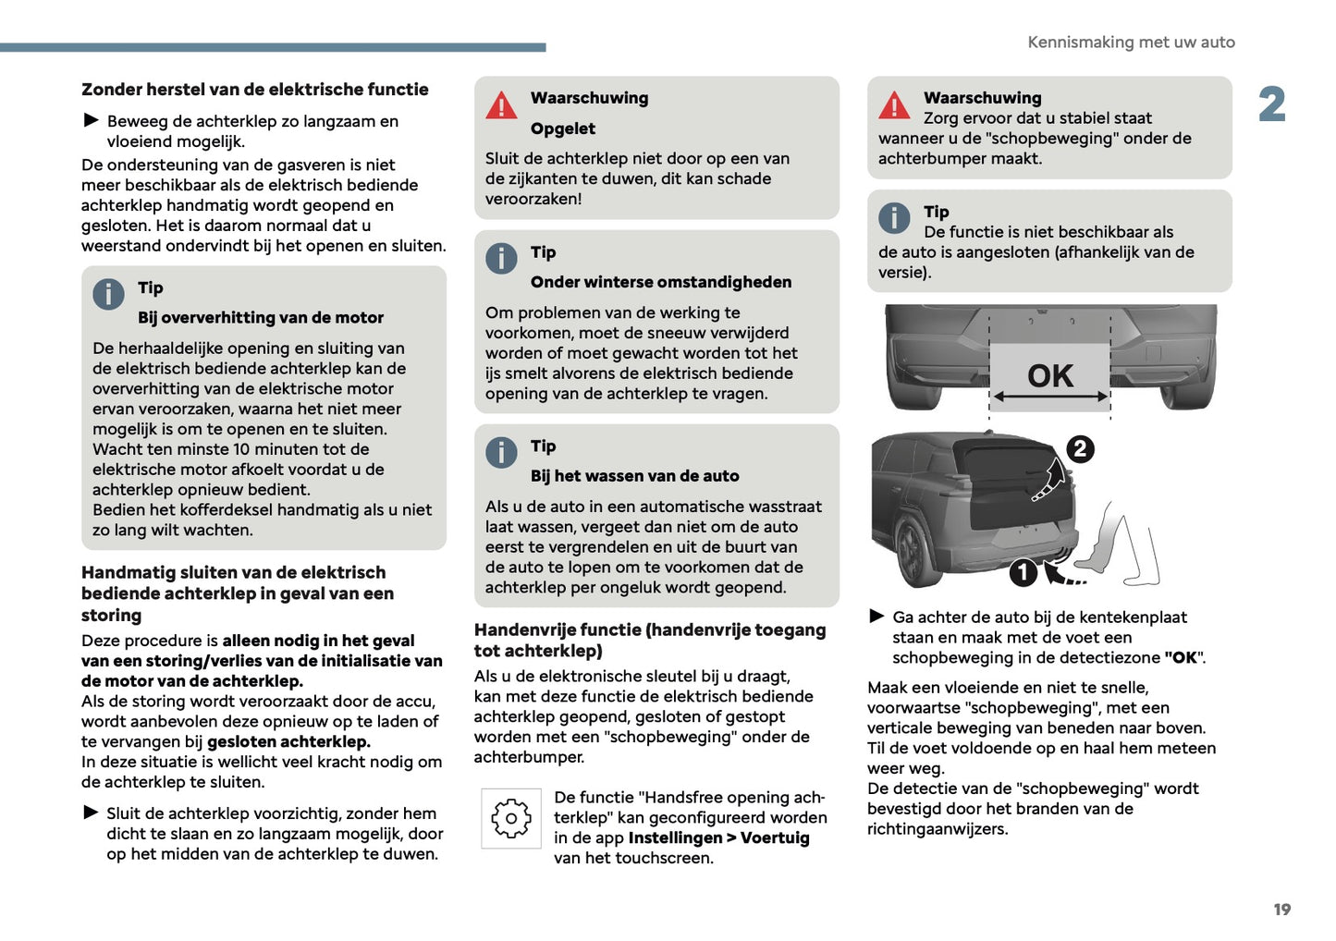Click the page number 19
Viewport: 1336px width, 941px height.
[x=1281, y=910]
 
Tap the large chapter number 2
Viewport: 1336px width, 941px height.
[x=1272, y=104]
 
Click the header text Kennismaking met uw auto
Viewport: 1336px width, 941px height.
[x=1131, y=43]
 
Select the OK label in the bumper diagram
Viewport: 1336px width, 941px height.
[x=1050, y=375]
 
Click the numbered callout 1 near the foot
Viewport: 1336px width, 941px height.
[x=1023, y=573]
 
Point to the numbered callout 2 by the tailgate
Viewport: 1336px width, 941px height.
[x=1080, y=449]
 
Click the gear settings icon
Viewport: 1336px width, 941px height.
[x=510, y=818]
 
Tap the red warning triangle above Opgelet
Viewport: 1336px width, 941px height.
[x=501, y=106]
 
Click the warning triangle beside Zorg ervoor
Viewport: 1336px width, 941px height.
[x=894, y=106]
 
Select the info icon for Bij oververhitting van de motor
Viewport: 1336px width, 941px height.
[x=108, y=294]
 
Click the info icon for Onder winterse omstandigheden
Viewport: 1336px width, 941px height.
[x=501, y=258]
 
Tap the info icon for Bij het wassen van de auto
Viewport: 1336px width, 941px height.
[x=501, y=452]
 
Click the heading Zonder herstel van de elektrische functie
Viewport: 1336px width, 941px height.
[x=255, y=90]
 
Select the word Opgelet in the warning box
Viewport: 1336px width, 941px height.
[x=562, y=128]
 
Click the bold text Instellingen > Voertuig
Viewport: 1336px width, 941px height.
[x=718, y=837]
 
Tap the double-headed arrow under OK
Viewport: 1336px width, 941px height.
[x=1050, y=397]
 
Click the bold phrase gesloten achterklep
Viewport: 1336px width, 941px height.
[x=288, y=741]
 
